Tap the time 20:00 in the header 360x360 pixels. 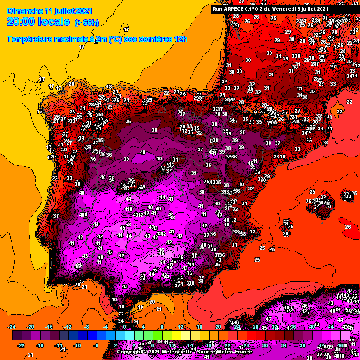pyautogui.click(x=22, y=22)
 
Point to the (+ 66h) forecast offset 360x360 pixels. pyautogui.click(x=87, y=22)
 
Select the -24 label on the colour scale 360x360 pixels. pyautogui.click(x=12, y=327)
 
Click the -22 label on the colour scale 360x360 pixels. pyautogui.click(x=21, y=345)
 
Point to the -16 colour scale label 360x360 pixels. pyautogui.click(x=49, y=327)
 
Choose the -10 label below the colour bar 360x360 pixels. pyautogui.click(x=77, y=345)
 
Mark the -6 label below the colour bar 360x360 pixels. pyautogui.click(x=97, y=345)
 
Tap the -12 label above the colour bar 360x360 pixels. pyautogui.click(x=68, y=327)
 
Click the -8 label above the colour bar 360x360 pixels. pyautogui.click(x=87, y=327)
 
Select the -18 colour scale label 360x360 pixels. pyautogui.click(x=40, y=345)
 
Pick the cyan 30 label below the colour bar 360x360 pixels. pyautogui.click(x=265, y=345)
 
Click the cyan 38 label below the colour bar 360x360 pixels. pyautogui.click(x=302, y=345)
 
